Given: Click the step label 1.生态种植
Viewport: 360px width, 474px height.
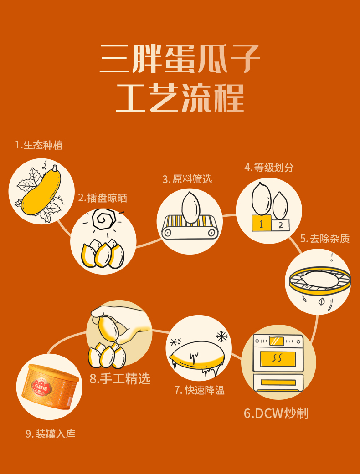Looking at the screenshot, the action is tap(39, 145).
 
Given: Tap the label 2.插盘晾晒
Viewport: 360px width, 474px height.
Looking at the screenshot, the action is tap(103, 198).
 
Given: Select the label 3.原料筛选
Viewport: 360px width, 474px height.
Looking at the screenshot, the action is tap(187, 179).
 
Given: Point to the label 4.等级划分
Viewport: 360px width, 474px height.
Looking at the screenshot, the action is tap(269, 168).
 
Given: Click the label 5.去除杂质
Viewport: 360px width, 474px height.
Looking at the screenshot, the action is tap(325, 239).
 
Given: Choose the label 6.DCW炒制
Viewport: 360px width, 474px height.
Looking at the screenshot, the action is tap(276, 413).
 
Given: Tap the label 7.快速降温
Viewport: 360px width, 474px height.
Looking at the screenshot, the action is tap(199, 390).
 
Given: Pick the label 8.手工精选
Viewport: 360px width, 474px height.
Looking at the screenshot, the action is tap(120, 378).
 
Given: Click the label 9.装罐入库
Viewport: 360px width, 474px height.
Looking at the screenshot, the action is tap(51, 434).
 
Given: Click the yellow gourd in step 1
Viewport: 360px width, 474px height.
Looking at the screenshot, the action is tap(41, 191).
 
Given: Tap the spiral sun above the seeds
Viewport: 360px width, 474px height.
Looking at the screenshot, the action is tap(104, 219).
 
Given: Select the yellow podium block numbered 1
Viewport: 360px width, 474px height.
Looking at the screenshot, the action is tap(262, 224).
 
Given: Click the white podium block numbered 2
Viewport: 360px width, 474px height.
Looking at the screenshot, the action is tap(280, 224).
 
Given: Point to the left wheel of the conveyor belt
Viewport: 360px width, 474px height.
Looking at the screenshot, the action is tap(167, 233).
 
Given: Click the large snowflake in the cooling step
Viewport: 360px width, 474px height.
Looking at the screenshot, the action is tap(222, 336).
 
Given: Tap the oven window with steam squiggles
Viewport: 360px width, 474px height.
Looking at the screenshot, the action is tap(278, 358).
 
